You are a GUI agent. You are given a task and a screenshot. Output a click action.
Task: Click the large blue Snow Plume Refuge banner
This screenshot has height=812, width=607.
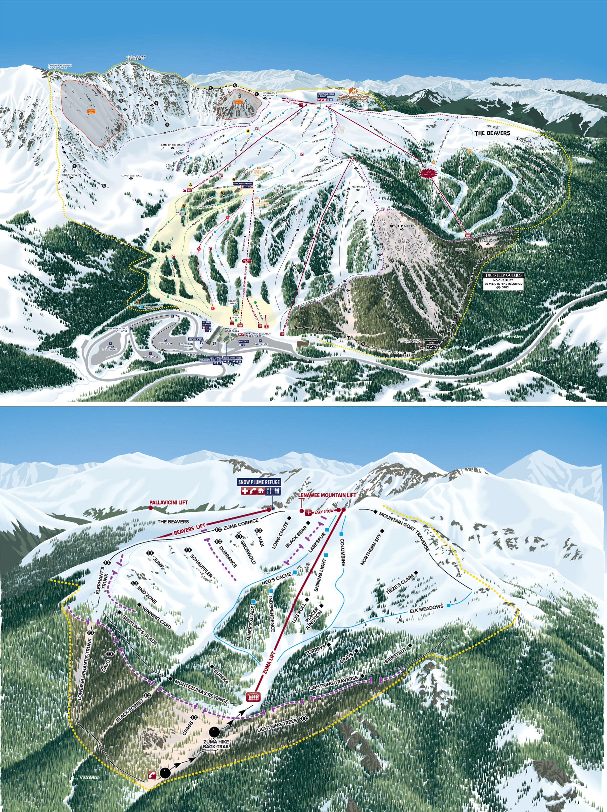point(259,482)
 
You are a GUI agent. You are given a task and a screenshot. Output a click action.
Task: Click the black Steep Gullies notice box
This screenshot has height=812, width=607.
point(503,281)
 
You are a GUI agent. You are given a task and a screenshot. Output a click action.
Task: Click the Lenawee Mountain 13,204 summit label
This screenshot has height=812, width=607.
point(60,67)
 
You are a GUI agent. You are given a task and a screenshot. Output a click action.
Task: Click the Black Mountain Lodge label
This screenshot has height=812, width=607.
point(243,183)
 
